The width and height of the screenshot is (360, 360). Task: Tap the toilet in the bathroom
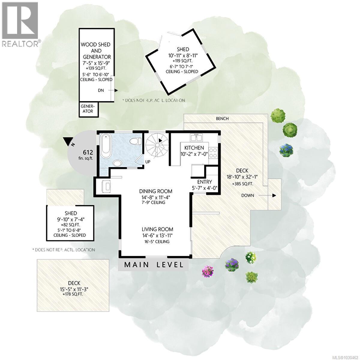pos(136,141)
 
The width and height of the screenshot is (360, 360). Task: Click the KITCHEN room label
pos(194,148)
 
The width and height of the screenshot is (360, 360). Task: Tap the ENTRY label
pos(205,182)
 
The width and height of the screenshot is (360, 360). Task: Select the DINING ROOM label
pos(156,191)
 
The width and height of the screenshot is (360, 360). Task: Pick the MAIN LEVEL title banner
pos(154,265)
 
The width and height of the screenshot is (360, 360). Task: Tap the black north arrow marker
pos(69,141)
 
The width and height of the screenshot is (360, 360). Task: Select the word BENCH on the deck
pos(222,118)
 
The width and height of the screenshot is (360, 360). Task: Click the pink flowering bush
pos(207,271)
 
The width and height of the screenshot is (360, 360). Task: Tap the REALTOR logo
pos(20,24)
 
